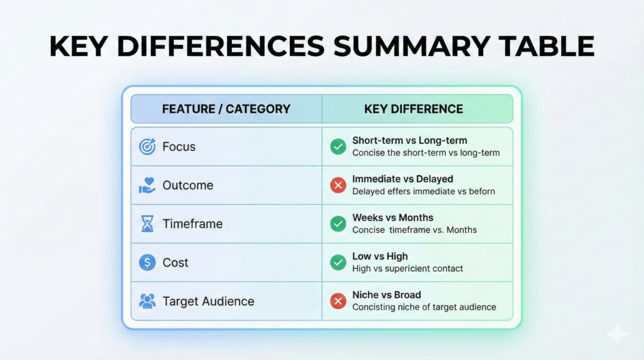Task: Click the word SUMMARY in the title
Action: click(411, 46)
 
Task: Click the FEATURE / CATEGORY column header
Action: click(226, 109)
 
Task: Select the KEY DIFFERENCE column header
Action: click(414, 109)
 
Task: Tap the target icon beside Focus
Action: click(147, 147)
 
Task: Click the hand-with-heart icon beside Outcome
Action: click(147, 185)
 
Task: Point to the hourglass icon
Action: click(147, 224)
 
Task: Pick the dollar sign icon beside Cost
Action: click(147, 262)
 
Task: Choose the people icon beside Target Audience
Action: click(147, 301)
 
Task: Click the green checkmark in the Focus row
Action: click(338, 147)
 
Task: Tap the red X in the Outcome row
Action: click(338, 185)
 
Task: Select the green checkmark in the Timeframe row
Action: click(338, 224)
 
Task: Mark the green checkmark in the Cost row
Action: click(338, 262)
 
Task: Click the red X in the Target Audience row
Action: click(338, 301)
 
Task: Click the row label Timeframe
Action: click(192, 224)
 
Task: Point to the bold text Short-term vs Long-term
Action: click(410, 140)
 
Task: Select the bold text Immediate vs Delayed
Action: click(403, 179)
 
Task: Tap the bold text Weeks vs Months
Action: click(393, 218)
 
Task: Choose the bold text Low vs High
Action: click(380, 256)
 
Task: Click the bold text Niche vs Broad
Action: click(387, 295)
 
